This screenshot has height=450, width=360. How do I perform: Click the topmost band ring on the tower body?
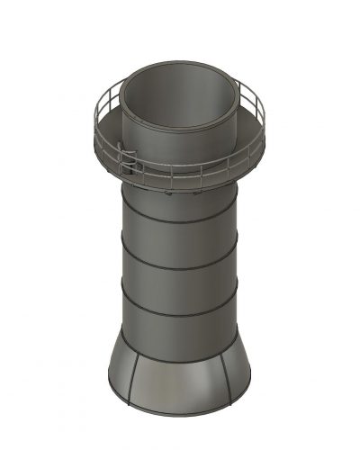coord(180,221)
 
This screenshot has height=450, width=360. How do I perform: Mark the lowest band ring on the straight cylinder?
coord(180,313)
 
